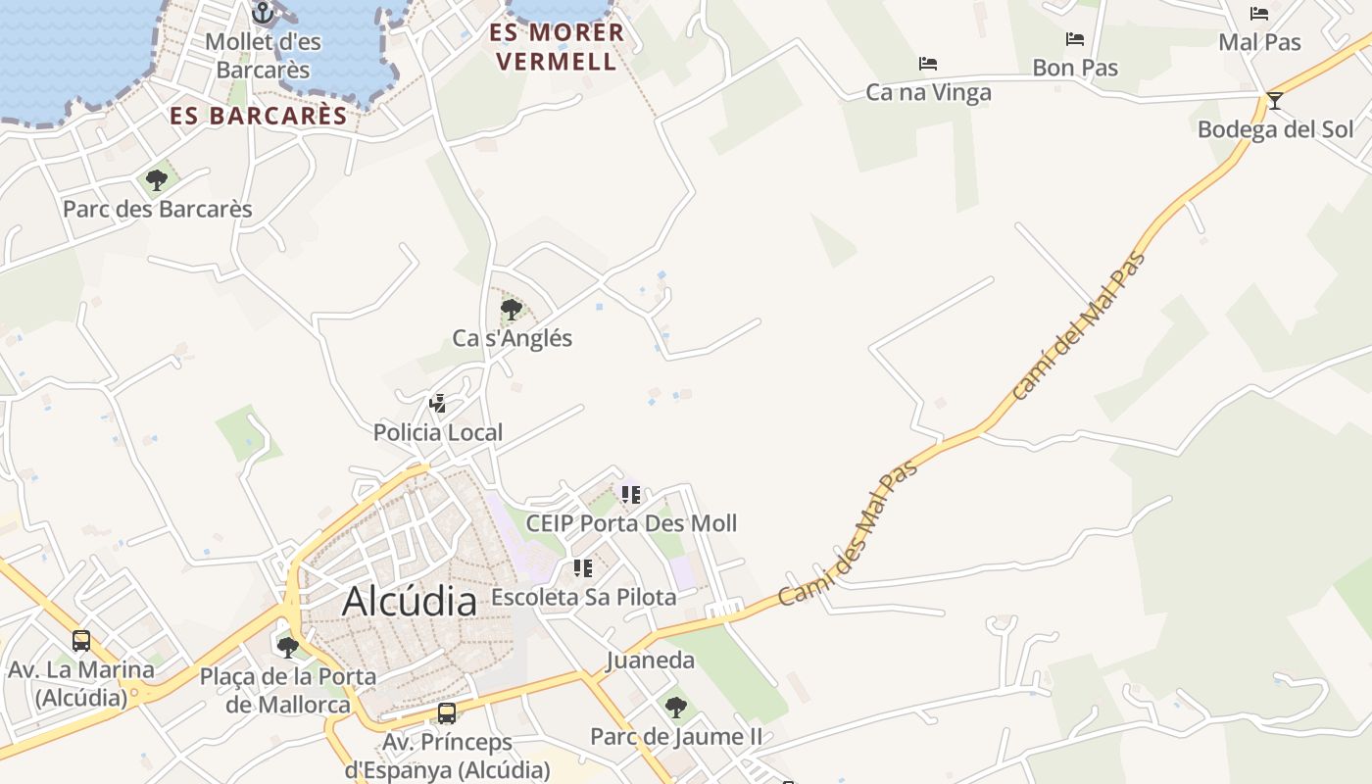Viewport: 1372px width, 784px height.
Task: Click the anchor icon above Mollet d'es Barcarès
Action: (262, 13)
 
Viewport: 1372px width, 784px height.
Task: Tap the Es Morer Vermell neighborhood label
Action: (557, 46)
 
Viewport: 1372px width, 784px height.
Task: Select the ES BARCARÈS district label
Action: (259, 116)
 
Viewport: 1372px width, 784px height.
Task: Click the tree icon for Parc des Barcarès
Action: (156, 179)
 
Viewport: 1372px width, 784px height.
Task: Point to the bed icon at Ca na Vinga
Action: (928, 64)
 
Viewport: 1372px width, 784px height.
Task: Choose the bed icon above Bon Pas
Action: (1075, 39)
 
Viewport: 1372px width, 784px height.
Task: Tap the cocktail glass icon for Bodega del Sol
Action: (1274, 100)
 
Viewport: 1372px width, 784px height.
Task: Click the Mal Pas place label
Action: (1259, 42)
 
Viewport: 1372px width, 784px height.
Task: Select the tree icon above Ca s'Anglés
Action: (511, 310)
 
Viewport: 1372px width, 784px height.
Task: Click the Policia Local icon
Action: (438, 403)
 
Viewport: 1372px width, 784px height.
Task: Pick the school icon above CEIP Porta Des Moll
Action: (630, 494)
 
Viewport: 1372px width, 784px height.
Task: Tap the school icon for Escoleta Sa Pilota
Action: (583, 567)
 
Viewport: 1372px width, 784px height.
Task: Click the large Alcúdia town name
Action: (410, 601)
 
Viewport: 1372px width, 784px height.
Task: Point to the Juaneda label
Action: (651, 660)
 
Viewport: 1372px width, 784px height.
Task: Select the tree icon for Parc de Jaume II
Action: (675, 707)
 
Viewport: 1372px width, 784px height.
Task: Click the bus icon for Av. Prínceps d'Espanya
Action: (447, 712)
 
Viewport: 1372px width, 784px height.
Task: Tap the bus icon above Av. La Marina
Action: (81, 641)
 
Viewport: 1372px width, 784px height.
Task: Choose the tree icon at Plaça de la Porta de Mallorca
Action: (287, 647)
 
